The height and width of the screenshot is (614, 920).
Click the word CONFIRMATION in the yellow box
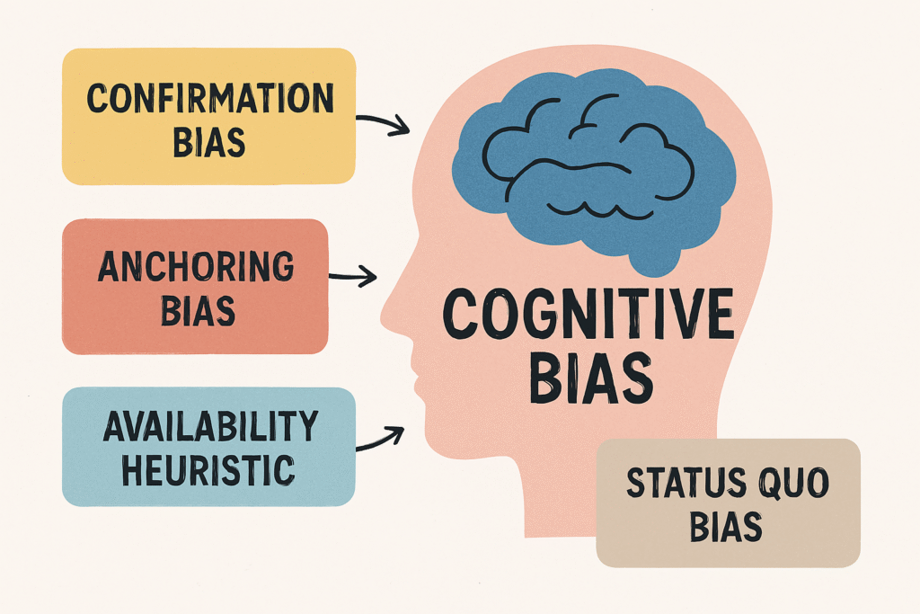pos(208,98)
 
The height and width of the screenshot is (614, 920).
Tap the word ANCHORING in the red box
pos(196,267)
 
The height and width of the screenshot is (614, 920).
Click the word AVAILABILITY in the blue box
pos(209,427)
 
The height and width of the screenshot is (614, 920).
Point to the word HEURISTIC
pos(208,468)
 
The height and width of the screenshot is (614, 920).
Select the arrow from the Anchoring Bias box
pos(354,277)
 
